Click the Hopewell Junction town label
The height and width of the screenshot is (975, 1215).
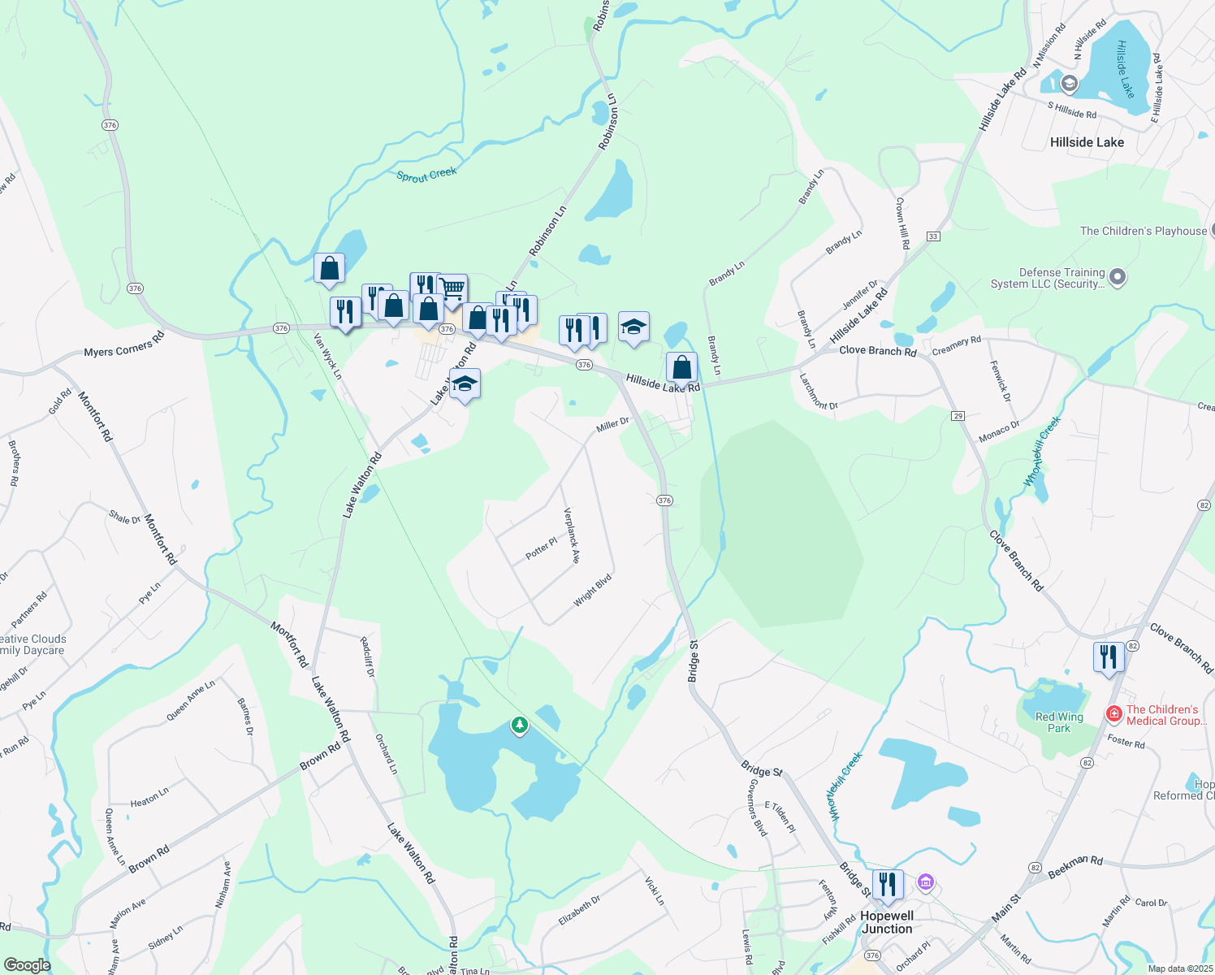887,922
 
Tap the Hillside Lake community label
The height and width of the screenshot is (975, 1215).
1087,142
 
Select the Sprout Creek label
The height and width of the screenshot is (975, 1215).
426,175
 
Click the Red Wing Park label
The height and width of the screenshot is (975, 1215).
1059,722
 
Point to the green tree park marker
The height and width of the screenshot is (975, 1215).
520,724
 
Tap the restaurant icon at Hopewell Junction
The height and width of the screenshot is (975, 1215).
888,884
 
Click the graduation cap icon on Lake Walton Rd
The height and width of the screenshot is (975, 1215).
465,385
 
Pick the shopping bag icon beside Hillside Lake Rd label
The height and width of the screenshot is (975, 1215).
682,368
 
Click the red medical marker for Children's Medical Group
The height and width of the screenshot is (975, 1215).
1113,714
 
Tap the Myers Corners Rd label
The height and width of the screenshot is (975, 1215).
124,348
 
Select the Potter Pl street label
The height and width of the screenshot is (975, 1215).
542,548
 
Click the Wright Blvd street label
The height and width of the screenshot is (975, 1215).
592,591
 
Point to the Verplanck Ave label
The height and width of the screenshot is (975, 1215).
572,535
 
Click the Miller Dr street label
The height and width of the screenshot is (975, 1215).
612,425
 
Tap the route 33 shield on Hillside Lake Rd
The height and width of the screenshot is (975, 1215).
933,236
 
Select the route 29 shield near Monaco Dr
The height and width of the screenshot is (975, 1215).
958,416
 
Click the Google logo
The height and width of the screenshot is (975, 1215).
27,965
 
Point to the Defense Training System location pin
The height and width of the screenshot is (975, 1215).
1118,278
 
